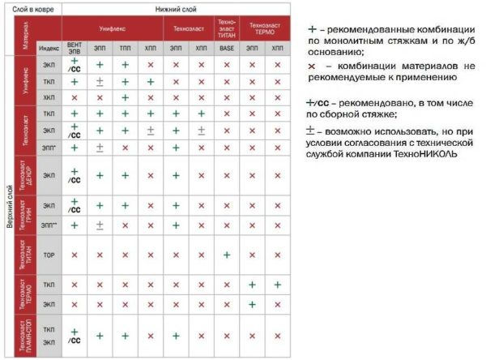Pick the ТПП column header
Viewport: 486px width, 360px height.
126,49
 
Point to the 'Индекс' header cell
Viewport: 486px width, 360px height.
49,49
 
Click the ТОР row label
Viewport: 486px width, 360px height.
49,255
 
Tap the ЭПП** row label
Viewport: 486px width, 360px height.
49,225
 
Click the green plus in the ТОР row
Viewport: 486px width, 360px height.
227,255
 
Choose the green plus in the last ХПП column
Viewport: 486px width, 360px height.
277,285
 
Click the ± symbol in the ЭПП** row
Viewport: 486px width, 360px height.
100,225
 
